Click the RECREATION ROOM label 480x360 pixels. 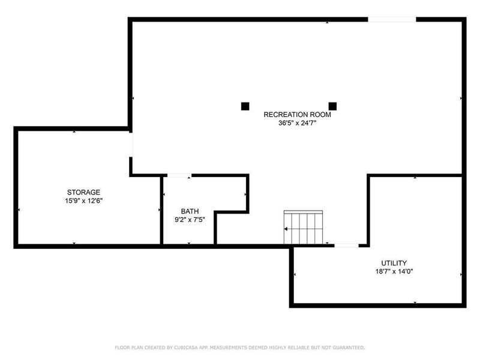(x=294, y=114)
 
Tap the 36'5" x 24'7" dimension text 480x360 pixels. (x=294, y=124)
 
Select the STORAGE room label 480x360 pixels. (x=83, y=192)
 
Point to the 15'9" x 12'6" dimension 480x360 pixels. (x=83, y=200)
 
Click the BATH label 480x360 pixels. (x=190, y=211)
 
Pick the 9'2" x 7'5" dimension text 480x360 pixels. (x=190, y=220)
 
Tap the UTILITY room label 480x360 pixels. (x=394, y=263)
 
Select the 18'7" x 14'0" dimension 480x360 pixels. (x=394, y=271)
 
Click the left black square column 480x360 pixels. (x=245, y=106)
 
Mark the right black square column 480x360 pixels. (x=333, y=106)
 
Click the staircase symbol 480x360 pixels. (x=304, y=228)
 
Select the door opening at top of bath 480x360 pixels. (x=179, y=175)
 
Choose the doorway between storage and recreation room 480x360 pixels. (x=131, y=145)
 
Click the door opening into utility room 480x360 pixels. (x=346, y=245)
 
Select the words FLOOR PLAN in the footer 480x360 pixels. (x=129, y=347)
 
